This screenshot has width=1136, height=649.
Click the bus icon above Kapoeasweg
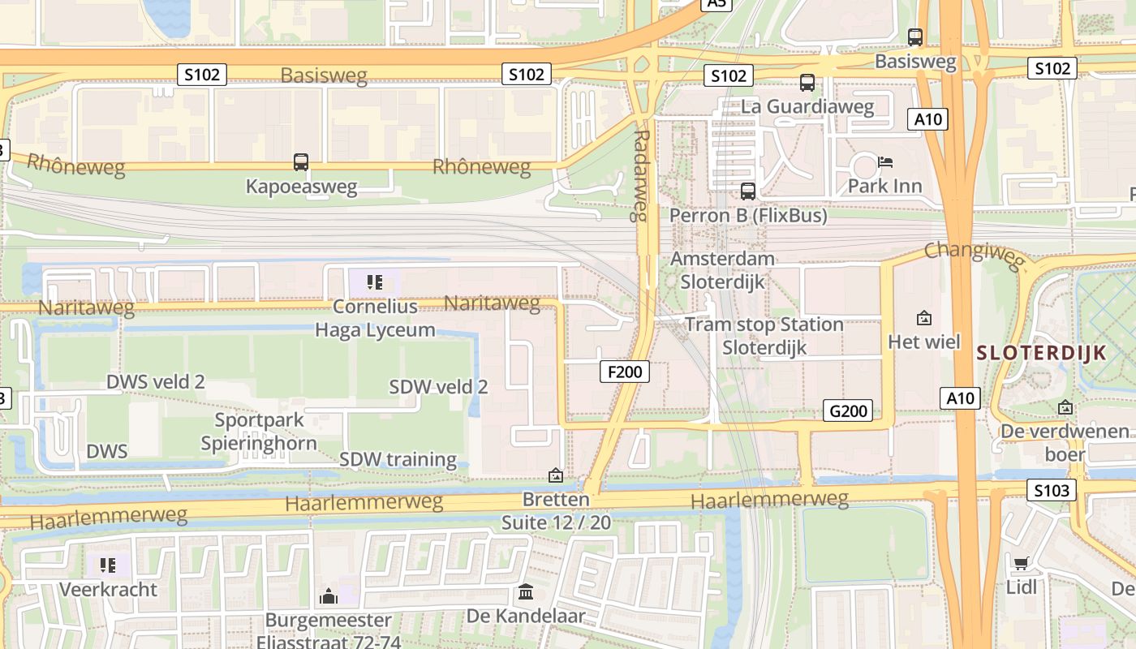[x=301, y=162]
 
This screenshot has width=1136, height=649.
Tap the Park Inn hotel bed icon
[x=885, y=162]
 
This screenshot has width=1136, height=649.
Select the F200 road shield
[x=625, y=372]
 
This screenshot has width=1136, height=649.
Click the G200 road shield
[x=849, y=410]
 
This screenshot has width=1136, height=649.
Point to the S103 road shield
[x=1052, y=490]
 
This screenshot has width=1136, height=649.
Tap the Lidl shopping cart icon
[x=1021, y=563]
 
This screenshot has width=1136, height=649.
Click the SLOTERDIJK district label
[x=1042, y=353]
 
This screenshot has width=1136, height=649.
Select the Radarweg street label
[x=641, y=175]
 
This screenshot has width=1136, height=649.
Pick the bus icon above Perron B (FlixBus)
[x=748, y=191]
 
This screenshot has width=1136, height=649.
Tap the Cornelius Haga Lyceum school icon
[x=374, y=282]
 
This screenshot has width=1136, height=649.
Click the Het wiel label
[x=924, y=342]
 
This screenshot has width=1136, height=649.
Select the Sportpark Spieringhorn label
[x=259, y=432]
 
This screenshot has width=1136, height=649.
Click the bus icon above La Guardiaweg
[x=807, y=82]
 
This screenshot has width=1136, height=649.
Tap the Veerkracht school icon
[x=108, y=565]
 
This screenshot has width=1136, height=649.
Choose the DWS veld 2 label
[x=156, y=381]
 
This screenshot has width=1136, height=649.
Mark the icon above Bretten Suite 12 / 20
[x=556, y=475]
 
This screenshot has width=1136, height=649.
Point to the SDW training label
[x=398, y=459]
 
